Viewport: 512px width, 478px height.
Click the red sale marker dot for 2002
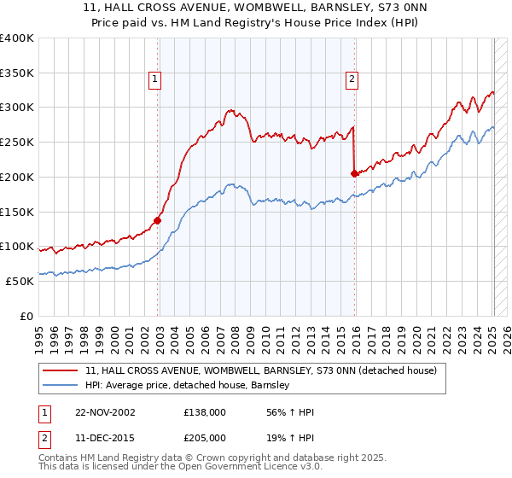tap(158, 219)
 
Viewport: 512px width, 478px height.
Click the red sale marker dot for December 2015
tap(354, 172)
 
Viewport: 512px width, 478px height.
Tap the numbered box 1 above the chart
tap(155, 79)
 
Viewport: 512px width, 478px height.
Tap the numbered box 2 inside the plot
tap(352, 79)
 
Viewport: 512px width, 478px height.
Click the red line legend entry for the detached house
tap(261, 370)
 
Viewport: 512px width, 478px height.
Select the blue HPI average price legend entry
tap(188, 385)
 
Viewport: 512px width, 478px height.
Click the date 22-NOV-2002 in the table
tap(104, 412)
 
